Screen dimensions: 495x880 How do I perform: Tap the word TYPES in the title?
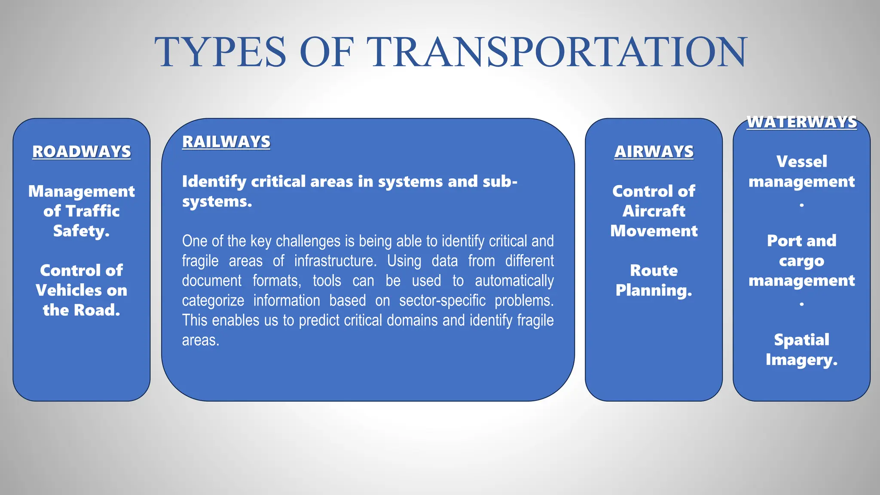(220, 52)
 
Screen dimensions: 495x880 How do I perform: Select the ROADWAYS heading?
(82, 152)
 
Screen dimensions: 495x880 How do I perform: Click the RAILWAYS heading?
(226, 142)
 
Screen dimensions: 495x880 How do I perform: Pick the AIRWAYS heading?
(654, 152)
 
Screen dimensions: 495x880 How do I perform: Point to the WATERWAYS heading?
(801, 122)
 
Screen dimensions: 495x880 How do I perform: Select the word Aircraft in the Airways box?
(654, 211)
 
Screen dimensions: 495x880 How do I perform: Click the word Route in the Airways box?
(654, 271)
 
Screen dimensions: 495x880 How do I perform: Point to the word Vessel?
(801, 162)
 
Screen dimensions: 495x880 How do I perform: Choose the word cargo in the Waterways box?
(801, 261)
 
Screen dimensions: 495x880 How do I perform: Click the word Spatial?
(801, 340)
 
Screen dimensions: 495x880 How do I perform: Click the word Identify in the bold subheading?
(214, 182)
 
